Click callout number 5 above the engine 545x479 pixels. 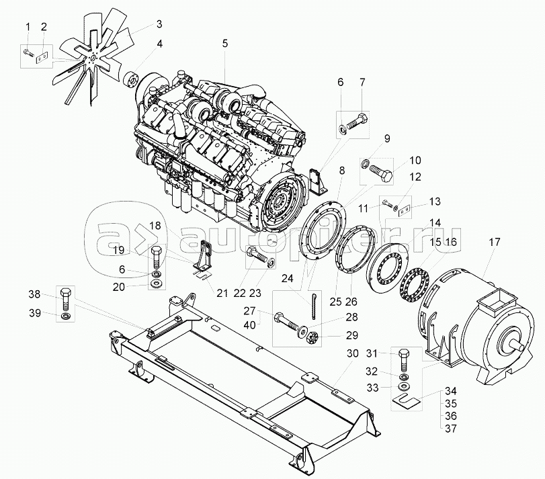[x=225, y=44]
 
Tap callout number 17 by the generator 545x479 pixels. [x=494, y=242]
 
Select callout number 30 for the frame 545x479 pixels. [x=352, y=353]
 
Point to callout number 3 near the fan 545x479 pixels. [x=159, y=24]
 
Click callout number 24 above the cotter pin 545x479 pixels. [x=288, y=278]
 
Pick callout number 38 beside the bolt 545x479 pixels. [x=34, y=294]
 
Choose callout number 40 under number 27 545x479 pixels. [x=249, y=324]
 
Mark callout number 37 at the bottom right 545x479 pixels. [x=451, y=429]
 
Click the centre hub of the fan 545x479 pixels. [x=92, y=58]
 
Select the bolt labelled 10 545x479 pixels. [x=381, y=171]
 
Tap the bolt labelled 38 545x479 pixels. [x=67, y=300]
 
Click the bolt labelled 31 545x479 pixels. [x=403, y=360]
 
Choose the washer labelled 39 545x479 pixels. [x=65, y=316]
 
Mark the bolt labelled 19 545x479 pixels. [x=157, y=258]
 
